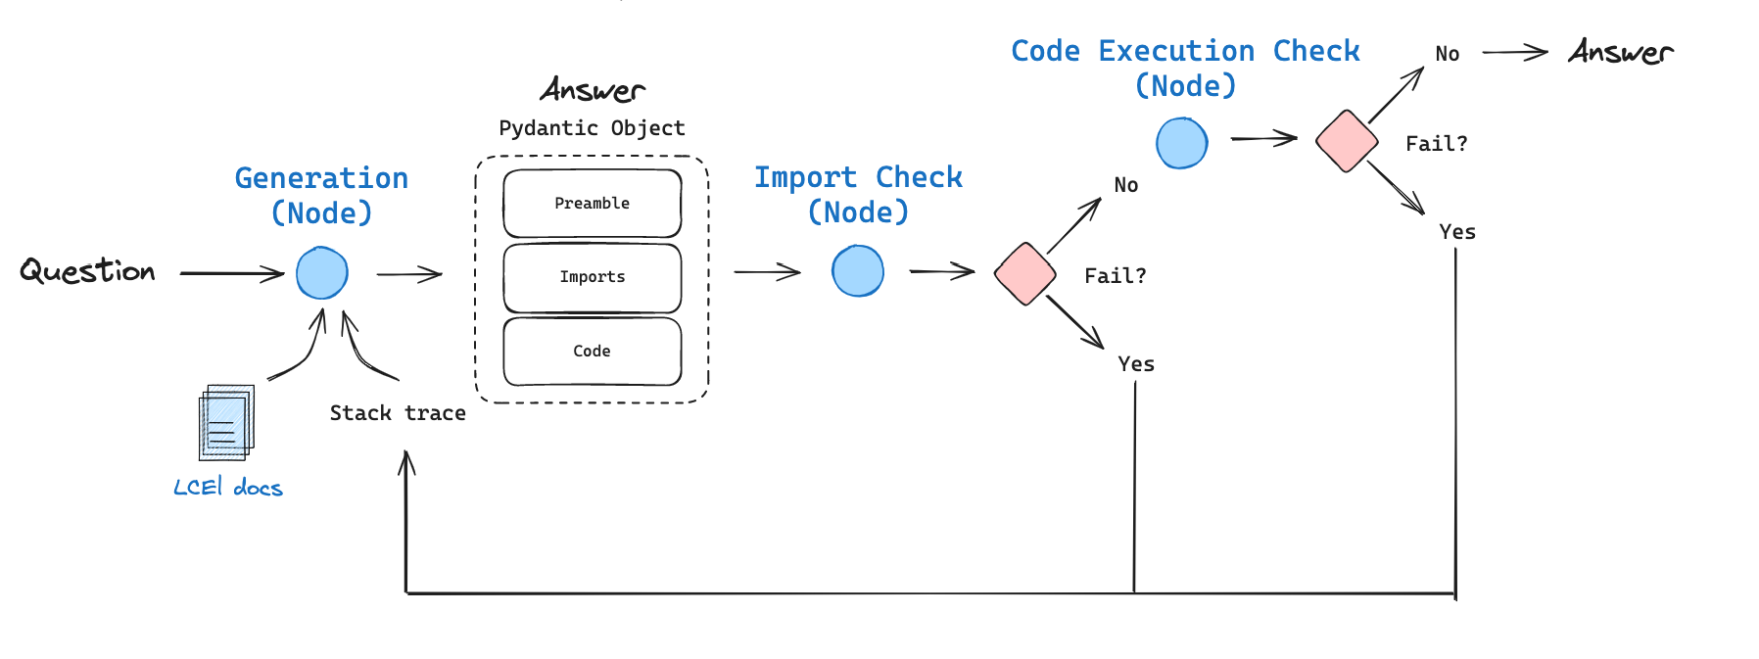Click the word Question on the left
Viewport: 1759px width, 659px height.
[87, 271]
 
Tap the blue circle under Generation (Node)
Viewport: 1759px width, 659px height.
[322, 273]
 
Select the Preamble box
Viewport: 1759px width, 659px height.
[592, 204]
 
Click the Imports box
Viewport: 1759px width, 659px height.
[592, 277]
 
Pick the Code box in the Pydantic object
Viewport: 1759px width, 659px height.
[592, 351]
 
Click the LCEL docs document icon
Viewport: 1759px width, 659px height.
[226, 422]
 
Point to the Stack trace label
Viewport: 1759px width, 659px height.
[398, 413]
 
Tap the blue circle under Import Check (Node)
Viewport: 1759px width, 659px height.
[858, 271]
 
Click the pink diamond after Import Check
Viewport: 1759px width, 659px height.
[1024, 274]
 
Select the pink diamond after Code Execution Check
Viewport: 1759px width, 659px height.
[1347, 141]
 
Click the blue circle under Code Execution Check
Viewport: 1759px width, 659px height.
[1182, 143]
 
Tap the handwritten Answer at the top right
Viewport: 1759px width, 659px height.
[1621, 52]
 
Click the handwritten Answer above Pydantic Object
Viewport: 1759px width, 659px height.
[593, 91]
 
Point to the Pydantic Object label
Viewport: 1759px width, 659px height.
[592, 128]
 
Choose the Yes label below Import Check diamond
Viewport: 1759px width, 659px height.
[1136, 364]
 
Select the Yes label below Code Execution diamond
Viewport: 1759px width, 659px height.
[1456, 232]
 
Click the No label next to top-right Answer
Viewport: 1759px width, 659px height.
[1447, 54]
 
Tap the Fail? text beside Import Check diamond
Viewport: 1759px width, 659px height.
[1115, 276]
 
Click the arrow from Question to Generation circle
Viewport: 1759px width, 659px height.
[232, 273]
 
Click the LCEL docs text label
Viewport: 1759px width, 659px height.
[228, 488]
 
